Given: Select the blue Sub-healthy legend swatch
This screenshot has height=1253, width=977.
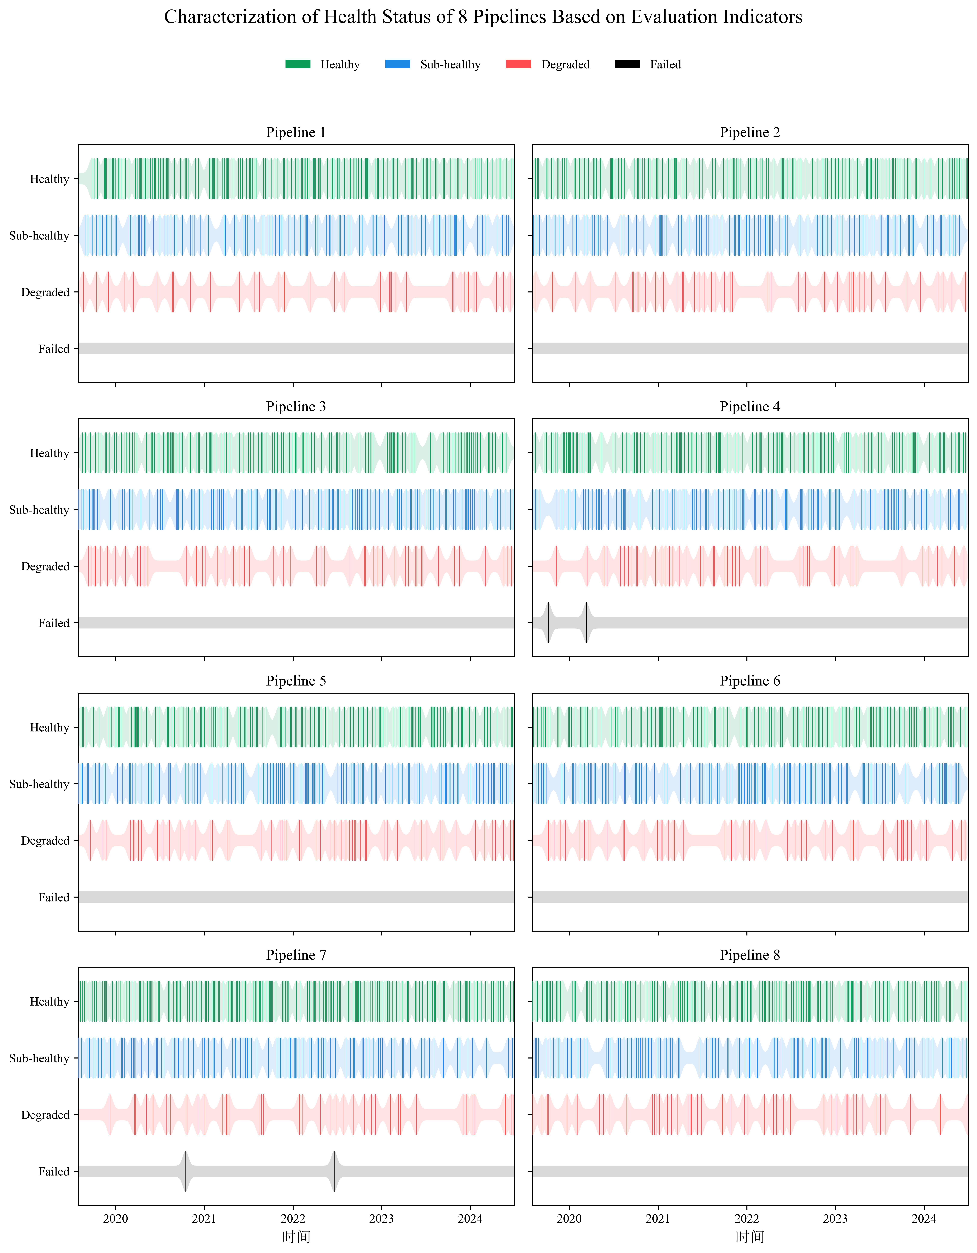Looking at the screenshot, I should click(x=398, y=64).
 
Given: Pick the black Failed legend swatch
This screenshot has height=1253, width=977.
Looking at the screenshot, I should click(x=627, y=64).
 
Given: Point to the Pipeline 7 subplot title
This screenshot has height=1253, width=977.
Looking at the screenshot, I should click(x=296, y=955).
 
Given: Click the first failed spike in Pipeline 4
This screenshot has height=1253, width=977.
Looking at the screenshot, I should click(x=549, y=622).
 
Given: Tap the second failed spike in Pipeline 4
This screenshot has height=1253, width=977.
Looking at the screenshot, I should click(x=587, y=622).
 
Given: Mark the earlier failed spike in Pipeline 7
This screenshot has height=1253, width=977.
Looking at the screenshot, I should click(x=186, y=1171).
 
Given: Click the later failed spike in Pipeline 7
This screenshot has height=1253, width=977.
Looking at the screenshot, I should click(x=334, y=1171).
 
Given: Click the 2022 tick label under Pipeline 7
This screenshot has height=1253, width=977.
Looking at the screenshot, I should click(x=293, y=1219).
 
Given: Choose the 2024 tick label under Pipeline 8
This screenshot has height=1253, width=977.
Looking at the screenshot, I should click(x=924, y=1219).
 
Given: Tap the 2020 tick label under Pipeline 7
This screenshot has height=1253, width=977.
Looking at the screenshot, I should click(x=116, y=1219).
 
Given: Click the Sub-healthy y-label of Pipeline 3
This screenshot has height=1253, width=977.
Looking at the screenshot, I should click(x=39, y=509).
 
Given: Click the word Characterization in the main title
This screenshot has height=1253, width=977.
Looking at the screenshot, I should click(x=241, y=17).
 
